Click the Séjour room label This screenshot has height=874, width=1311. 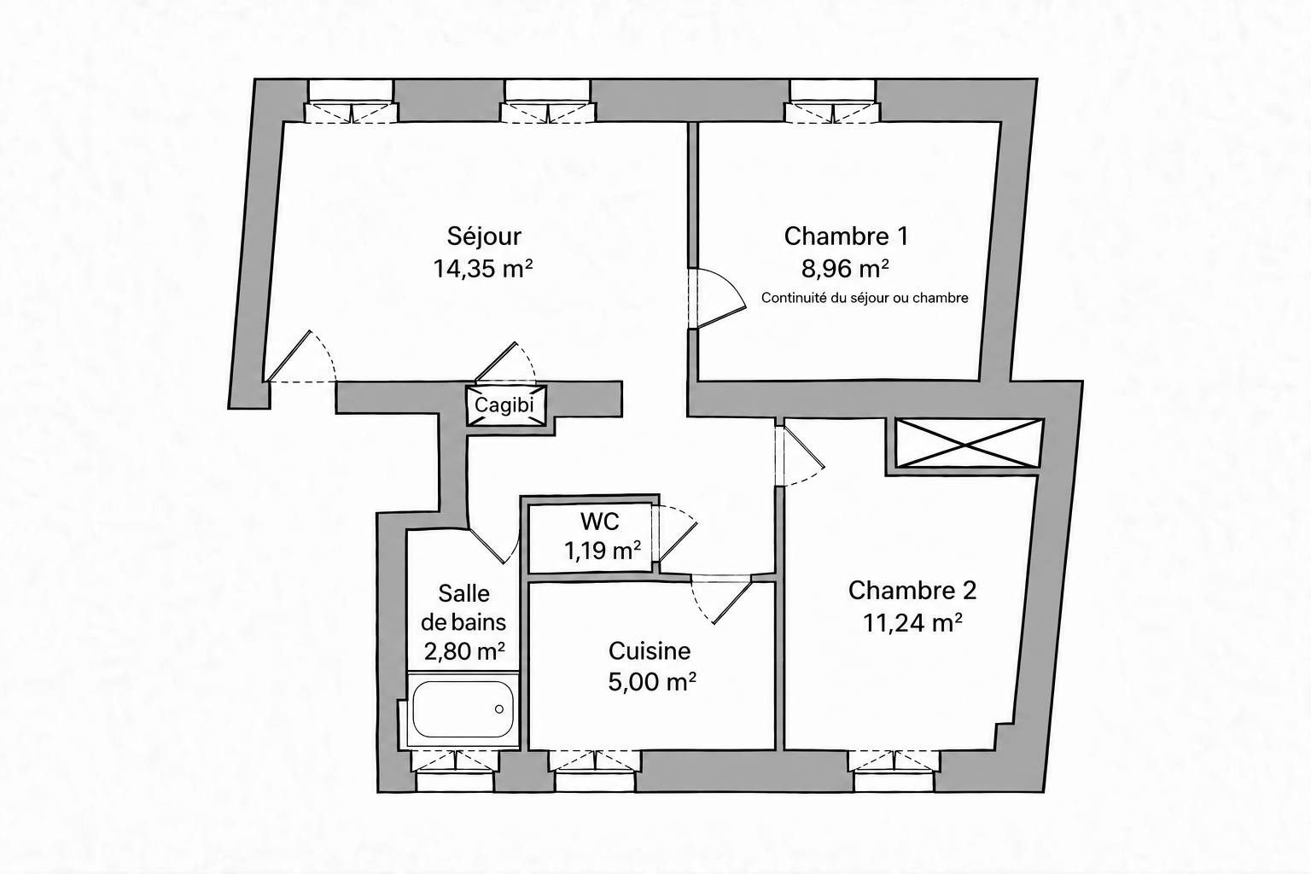click(484, 236)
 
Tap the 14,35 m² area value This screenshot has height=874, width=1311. click(483, 269)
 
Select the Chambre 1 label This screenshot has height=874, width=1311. click(847, 236)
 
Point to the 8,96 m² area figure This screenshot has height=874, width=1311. click(845, 269)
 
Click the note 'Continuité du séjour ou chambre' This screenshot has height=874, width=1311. click(865, 298)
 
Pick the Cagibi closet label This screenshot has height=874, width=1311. click(504, 405)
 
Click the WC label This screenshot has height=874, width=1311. click(600, 521)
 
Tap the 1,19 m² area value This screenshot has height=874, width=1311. click(603, 551)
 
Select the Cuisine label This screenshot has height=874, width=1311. click(650, 651)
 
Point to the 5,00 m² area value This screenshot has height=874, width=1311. click(652, 682)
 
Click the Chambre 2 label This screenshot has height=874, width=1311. click(912, 591)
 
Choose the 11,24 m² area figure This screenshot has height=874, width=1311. click(912, 623)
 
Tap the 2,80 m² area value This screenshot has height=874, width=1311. click(464, 651)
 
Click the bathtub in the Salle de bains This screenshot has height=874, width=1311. click(463, 709)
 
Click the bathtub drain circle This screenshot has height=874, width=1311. click(499, 709)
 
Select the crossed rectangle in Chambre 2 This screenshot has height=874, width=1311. click(970, 443)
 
